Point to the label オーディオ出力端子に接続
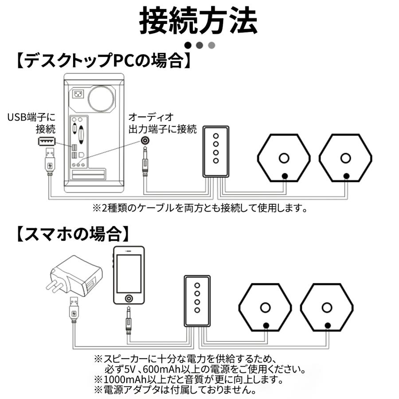pos(162,123)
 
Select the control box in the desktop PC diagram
pos(216,151)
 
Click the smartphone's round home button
pos(129,298)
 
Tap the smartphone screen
pos(129,274)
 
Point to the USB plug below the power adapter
pos(74,310)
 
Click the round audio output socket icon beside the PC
pos(145,141)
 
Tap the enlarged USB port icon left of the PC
pos(47,141)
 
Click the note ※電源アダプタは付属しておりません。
pos(176,390)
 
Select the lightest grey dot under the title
pos(211,45)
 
